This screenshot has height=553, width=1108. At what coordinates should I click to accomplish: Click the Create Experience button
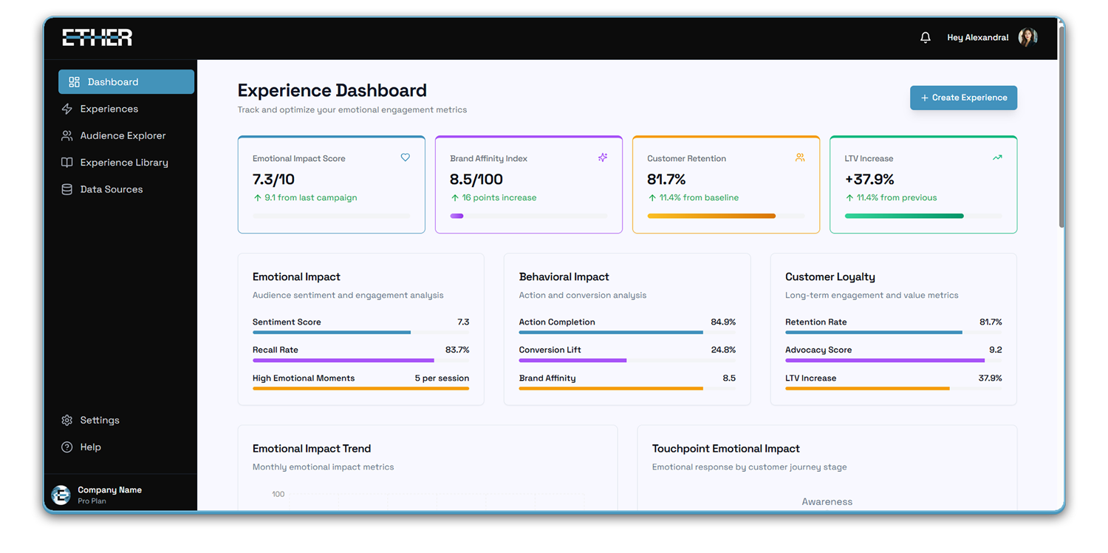click(963, 98)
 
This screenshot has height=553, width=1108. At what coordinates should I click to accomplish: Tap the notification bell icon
click(926, 38)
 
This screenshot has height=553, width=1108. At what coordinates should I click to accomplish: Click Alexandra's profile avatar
click(1027, 38)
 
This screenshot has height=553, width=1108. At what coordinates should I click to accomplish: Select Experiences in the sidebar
click(109, 109)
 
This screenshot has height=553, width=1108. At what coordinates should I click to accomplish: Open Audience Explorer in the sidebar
click(123, 136)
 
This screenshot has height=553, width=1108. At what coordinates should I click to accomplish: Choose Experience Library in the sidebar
click(123, 163)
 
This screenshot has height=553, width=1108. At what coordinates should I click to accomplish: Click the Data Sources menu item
click(111, 189)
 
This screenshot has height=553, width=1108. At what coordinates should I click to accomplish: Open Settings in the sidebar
click(99, 420)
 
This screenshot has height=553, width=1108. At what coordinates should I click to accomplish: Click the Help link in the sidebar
click(90, 447)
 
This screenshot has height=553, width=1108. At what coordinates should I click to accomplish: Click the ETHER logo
click(97, 38)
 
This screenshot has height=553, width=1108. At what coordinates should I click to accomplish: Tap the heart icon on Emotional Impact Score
click(405, 157)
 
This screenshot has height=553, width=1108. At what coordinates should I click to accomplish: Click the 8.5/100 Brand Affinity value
click(476, 179)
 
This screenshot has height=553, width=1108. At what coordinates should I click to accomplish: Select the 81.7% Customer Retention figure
click(666, 179)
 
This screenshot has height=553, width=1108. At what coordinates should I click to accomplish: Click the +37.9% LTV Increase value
click(869, 179)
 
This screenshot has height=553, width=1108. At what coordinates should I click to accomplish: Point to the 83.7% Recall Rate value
click(456, 350)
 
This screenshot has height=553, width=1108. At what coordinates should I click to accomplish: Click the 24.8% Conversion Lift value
click(723, 350)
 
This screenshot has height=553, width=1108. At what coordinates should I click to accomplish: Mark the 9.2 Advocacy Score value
click(995, 350)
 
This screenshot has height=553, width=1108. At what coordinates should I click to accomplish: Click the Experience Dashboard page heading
click(332, 90)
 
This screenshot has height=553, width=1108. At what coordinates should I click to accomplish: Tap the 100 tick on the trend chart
click(278, 494)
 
